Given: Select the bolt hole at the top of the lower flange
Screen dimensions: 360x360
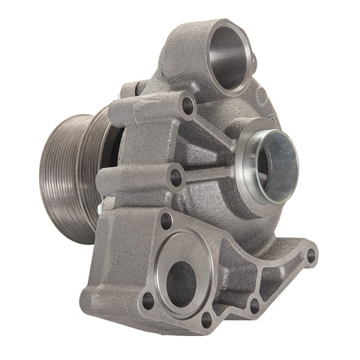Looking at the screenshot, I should coord(166,221).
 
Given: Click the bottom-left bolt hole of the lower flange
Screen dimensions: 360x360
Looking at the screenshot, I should coord(148,299).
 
